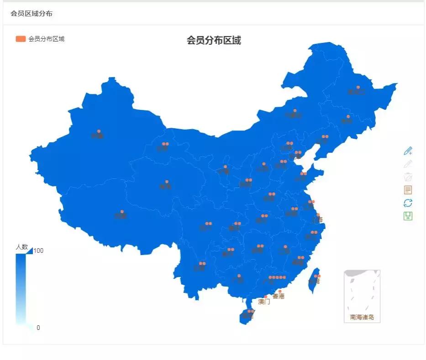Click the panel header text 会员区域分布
point(32,14)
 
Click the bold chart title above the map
point(214,40)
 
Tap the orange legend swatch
point(21,39)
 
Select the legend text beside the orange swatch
point(47,39)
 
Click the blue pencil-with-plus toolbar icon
point(408,151)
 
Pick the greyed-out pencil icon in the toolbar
point(408,164)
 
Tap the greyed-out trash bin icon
point(408,177)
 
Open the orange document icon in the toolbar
point(408,190)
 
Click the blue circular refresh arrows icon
point(408,203)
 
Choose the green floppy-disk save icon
point(408,216)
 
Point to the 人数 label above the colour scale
point(22,247)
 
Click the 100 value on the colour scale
point(38,250)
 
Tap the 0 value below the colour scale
point(38,328)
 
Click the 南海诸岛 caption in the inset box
point(362,317)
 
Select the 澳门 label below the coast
point(264,302)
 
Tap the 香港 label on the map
point(279,297)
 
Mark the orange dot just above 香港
point(280,291)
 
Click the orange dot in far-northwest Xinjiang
point(99,131)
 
